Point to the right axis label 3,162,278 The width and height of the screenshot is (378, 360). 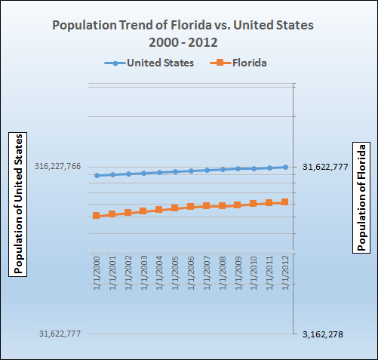(x=322, y=334)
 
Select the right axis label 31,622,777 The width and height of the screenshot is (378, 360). (x=325, y=167)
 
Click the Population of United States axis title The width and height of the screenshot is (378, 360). (x=18, y=203)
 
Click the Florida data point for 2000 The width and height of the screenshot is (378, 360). (x=97, y=216)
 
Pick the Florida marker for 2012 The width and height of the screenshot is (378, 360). (x=285, y=202)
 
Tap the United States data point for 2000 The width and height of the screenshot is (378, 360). (x=97, y=175)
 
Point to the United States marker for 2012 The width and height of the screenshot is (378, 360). (x=285, y=167)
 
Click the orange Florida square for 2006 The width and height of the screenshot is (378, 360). (x=191, y=207)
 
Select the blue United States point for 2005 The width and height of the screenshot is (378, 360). (x=175, y=171)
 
